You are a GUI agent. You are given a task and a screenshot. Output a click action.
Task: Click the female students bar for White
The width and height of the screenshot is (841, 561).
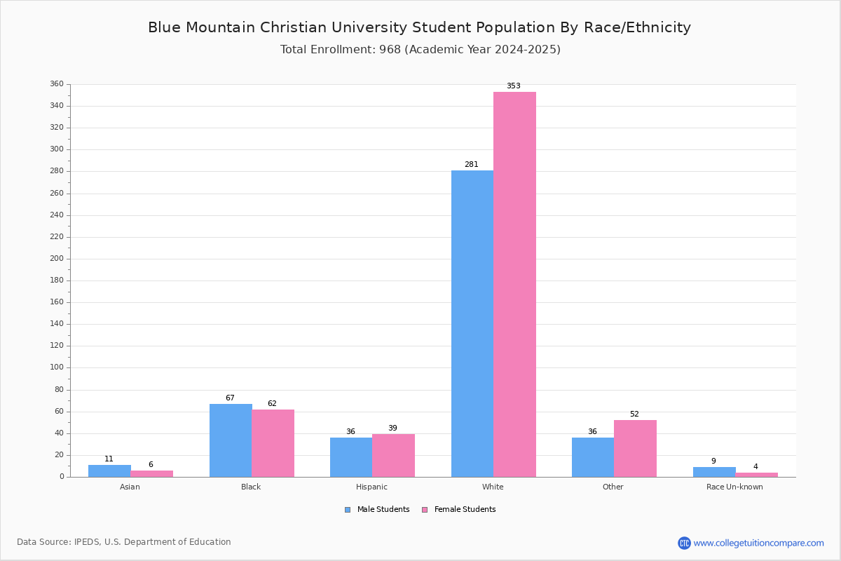pyautogui.click(x=514, y=285)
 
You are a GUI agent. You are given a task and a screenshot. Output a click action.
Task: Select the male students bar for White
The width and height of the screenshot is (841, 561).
pyautogui.click(x=472, y=323)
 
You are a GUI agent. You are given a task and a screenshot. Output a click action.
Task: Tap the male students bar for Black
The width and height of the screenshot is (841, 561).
pyautogui.click(x=231, y=440)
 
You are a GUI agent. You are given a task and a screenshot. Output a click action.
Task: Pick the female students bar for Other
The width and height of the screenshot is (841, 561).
pyautogui.click(x=635, y=449)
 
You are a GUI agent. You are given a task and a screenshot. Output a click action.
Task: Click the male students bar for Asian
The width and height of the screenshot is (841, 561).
pyautogui.click(x=109, y=471)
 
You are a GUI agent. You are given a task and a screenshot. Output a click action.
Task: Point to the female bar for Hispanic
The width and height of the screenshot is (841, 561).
pyautogui.click(x=393, y=455)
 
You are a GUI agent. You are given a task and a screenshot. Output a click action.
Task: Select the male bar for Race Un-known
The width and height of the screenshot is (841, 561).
pyautogui.click(x=714, y=472)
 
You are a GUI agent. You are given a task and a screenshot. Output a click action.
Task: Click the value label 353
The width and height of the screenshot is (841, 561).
pyautogui.click(x=514, y=86)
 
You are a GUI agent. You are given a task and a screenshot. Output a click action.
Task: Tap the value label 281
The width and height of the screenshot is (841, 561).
pyautogui.click(x=472, y=164)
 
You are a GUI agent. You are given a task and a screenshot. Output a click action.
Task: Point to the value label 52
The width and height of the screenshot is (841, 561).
pyautogui.click(x=634, y=414)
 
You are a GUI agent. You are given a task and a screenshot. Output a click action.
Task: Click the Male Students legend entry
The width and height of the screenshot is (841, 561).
pyautogui.click(x=377, y=509)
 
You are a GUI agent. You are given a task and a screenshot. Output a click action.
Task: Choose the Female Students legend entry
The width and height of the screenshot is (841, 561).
pyautogui.click(x=459, y=509)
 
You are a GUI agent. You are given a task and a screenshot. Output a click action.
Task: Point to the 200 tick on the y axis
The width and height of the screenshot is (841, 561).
pyautogui.click(x=57, y=259)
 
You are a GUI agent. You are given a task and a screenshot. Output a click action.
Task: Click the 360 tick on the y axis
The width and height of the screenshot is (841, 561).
pyautogui.click(x=57, y=83)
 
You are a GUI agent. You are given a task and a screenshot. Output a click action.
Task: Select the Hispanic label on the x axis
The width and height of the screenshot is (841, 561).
pyautogui.click(x=371, y=487)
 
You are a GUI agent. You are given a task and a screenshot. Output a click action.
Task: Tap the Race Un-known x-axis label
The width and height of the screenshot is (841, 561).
pyautogui.click(x=734, y=487)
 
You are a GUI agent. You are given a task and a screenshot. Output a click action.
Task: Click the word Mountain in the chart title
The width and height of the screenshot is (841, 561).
pyautogui.click(x=220, y=27)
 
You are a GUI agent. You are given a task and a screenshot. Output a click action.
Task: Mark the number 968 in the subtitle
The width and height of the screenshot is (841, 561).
pyautogui.click(x=390, y=49)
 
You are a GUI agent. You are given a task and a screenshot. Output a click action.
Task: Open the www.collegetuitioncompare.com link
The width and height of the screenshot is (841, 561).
pyautogui.click(x=759, y=543)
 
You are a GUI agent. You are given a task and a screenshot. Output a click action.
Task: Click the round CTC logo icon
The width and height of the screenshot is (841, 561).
pyautogui.click(x=684, y=543)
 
